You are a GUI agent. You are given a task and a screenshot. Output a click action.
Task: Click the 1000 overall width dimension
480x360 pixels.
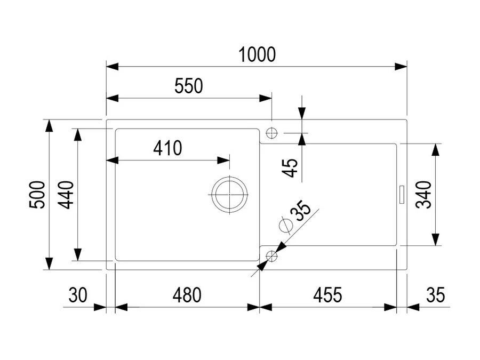[x=257, y=55]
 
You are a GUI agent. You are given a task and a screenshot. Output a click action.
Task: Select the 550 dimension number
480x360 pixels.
[x=189, y=86]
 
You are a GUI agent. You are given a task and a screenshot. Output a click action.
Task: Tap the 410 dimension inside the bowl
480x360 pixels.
[x=167, y=148]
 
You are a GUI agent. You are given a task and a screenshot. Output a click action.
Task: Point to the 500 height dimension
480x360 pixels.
[x=37, y=195]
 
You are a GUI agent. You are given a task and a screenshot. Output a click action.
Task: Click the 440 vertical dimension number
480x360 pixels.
[x=66, y=195]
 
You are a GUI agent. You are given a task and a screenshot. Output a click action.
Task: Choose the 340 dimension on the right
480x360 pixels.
[x=423, y=195]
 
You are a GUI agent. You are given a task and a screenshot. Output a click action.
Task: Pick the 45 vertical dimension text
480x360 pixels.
[x=290, y=168]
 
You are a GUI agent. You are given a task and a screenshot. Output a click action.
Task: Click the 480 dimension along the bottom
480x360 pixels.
[x=187, y=295]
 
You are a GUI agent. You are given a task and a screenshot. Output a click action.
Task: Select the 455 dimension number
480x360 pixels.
[x=327, y=295]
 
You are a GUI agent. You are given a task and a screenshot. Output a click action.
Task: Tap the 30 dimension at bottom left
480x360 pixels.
[x=78, y=295]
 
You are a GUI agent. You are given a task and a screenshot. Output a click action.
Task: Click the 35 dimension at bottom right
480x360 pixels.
[x=435, y=295]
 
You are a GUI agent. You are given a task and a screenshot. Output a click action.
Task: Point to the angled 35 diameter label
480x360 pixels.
[x=300, y=211]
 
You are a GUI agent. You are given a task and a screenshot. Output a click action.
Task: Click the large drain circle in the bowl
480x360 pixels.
[x=229, y=195]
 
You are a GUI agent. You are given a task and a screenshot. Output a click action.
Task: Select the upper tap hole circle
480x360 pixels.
[x=271, y=133]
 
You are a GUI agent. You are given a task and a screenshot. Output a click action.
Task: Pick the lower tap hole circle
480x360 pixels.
[x=271, y=256]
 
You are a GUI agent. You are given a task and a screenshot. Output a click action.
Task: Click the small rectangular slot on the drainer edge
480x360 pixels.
[x=402, y=194]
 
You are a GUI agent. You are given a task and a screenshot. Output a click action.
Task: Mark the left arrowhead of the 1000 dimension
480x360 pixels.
[x=113, y=67]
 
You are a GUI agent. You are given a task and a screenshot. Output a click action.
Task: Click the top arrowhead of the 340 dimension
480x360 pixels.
[x=435, y=150]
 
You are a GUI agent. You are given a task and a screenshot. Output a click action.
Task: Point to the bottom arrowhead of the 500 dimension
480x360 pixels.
[x=49, y=263]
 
